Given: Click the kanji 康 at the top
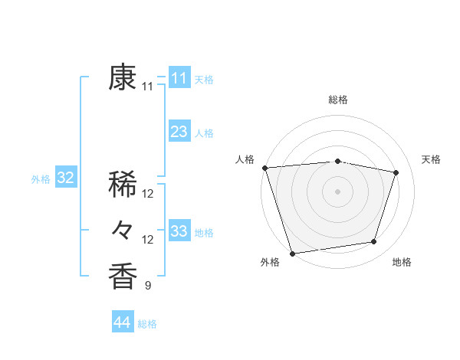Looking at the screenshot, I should pyautogui.click(x=123, y=77).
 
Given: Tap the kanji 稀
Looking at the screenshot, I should pyautogui.click(x=123, y=185).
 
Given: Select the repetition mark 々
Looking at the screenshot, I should pyautogui.click(x=123, y=230).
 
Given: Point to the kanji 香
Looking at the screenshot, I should pyautogui.click(x=123, y=277).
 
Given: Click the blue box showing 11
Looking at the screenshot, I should pyautogui.click(x=179, y=78).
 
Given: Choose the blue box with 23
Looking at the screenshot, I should pyautogui.click(x=179, y=132).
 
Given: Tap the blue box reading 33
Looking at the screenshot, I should pyautogui.click(x=179, y=231).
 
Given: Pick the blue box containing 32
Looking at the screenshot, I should pyautogui.click(x=66, y=178).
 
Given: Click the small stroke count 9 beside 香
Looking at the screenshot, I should pyautogui.click(x=148, y=286).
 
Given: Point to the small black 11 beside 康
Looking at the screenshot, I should pyautogui.click(x=148, y=87).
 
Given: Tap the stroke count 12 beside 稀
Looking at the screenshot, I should pyautogui.click(x=148, y=194).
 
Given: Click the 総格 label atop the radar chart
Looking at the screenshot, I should pyautogui.click(x=338, y=100).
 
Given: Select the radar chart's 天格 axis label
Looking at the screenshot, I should pyautogui.click(x=431, y=159).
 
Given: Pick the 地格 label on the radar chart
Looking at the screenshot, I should pyautogui.click(x=402, y=262).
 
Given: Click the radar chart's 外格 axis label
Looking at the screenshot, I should pyautogui.click(x=270, y=262).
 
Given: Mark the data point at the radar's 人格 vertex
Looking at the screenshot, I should pyautogui.click(x=264, y=168).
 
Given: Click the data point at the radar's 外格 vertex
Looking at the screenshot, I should pyautogui.click(x=292, y=253).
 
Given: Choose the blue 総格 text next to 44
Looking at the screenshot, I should pyautogui.click(x=147, y=324).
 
